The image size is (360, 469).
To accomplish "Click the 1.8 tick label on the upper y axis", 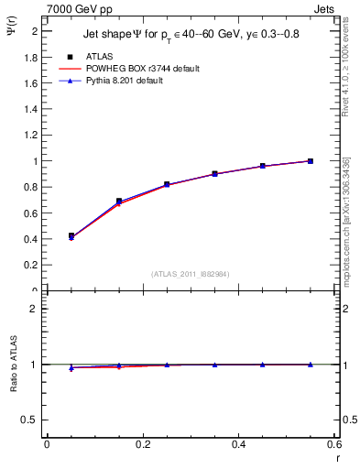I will point(32,57).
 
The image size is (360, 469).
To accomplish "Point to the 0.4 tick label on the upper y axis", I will point(32,240).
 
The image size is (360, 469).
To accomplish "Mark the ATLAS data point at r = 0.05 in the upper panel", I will point(71,236).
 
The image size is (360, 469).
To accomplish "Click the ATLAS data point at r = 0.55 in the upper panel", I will point(311,161).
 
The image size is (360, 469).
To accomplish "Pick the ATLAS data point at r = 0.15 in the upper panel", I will point(119,201).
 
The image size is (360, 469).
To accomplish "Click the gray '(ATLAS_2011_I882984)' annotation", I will point(191,273).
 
